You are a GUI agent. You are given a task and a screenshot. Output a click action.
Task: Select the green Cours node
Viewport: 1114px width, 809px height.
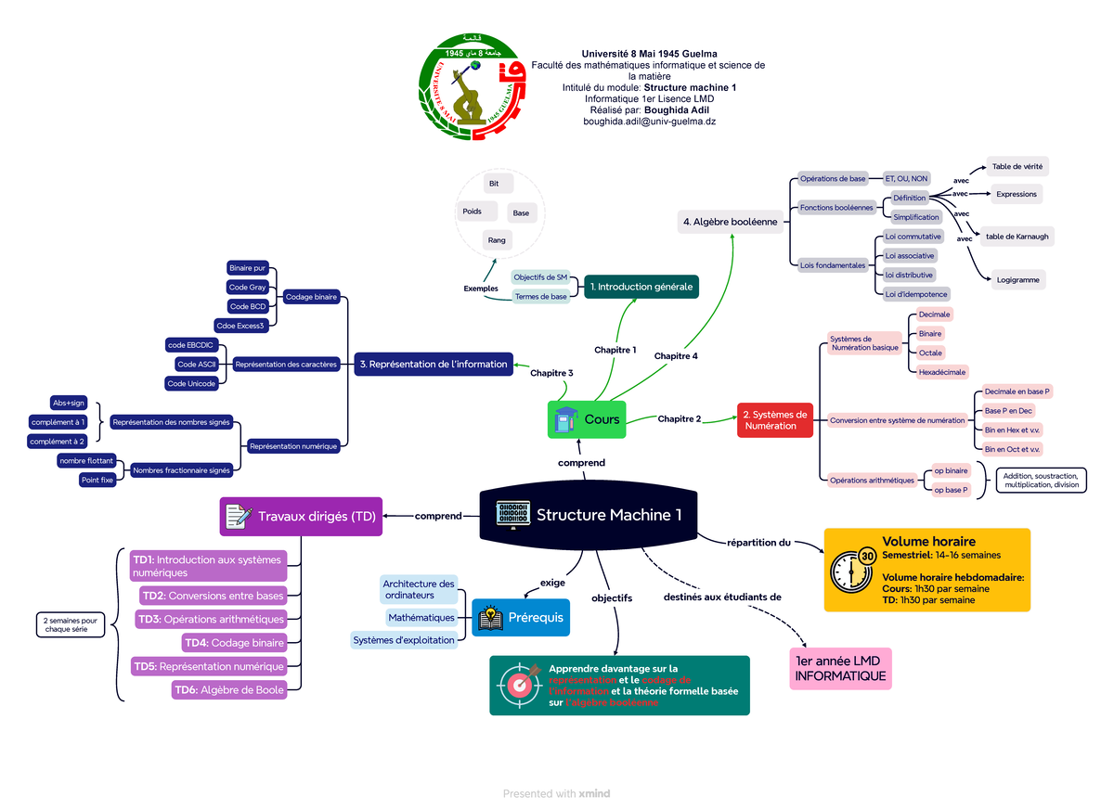tap(587, 419)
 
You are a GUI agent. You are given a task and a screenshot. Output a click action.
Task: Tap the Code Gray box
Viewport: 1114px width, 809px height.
tap(247, 288)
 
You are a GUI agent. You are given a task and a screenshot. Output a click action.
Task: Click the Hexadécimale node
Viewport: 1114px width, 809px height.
tap(942, 371)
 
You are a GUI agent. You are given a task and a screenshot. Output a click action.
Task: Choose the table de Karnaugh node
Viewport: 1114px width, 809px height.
tap(1017, 237)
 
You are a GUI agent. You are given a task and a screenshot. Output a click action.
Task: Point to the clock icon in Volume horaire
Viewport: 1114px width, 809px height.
tap(853, 569)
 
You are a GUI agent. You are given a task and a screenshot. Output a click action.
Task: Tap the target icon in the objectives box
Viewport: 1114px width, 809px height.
tap(518, 685)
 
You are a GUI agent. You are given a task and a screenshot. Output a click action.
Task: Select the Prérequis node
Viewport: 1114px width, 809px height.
tap(521, 618)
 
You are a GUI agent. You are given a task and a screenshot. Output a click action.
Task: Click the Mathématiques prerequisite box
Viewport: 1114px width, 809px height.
tap(421, 617)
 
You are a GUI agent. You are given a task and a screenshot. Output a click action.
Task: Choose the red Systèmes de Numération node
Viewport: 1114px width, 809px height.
tap(776, 419)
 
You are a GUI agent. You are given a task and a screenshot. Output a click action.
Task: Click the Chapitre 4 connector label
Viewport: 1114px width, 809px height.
tap(676, 355)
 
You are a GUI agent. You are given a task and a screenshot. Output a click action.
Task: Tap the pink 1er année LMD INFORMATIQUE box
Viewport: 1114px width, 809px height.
tap(840, 669)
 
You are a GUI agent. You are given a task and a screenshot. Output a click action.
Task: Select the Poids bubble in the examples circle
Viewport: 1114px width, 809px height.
tap(472, 212)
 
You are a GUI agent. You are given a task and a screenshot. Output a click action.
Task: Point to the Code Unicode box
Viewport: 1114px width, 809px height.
tap(192, 383)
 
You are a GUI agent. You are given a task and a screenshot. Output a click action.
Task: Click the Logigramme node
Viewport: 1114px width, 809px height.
tap(1018, 279)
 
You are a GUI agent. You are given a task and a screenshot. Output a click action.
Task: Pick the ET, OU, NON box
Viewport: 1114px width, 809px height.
tap(906, 178)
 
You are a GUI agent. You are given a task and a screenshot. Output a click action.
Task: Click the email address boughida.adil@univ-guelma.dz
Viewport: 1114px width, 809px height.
tap(649, 122)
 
